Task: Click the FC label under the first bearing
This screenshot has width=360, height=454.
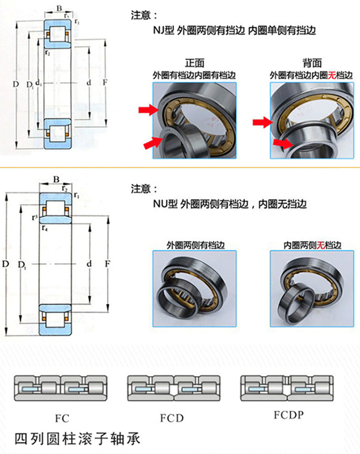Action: click(62, 418)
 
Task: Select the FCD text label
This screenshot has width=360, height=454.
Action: click(172, 418)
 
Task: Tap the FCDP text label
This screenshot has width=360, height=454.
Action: click(289, 415)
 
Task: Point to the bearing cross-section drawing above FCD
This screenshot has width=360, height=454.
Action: click(174, 388)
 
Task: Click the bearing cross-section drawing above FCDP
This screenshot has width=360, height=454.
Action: click(287, 388)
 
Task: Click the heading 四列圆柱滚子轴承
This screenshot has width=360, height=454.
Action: click(77, 439)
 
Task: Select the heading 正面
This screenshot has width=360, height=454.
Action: click(195, 63)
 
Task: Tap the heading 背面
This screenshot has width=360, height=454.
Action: click(312, 63)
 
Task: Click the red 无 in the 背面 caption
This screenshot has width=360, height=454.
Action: click(332, 75)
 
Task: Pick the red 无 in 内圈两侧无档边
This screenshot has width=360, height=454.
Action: click(321, 245)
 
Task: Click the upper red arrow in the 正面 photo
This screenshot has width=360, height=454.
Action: click(149, 110)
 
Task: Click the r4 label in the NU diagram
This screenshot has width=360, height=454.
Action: click(45, 228)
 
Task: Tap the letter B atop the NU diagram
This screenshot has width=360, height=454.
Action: click(56, 180)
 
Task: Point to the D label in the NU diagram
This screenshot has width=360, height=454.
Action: click(5, 264)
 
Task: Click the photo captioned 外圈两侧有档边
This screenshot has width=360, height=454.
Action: click(195, 289)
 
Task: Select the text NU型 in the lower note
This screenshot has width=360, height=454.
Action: click(165, 204)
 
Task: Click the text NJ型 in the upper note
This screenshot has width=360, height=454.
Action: click(163, 30)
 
